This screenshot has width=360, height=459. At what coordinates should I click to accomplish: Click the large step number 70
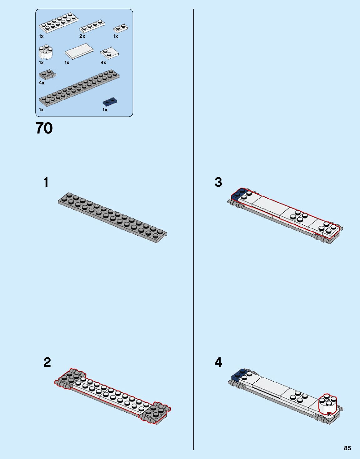click(x=44, y=128)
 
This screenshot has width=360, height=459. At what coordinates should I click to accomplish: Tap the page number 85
click(x=347, y=448)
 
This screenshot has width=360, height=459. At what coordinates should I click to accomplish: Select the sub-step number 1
click(x=46, y=182)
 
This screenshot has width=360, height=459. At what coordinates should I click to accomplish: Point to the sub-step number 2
click(x=47, y=362)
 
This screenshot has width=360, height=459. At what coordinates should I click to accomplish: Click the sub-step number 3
click(x=218, y=182)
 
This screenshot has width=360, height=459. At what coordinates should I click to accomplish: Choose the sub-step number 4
click(x=218, y=362)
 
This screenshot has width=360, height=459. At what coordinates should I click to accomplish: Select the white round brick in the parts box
click(x=45, y=53)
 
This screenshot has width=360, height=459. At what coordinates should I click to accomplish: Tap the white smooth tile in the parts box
click(x=79, y=51)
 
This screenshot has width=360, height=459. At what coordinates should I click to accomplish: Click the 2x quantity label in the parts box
click(x=82, y=36)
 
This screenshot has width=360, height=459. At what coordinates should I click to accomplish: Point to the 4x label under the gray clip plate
click(x=42, y=83)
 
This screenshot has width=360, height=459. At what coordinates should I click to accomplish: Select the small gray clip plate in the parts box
click(x=47, y=74)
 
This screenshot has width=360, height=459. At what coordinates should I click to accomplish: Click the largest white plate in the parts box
click(x=58, y=23)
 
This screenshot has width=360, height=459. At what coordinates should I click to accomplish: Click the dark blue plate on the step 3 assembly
click(x=238, y=194)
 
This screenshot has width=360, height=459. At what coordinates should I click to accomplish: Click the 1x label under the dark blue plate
click(x=105, y=110)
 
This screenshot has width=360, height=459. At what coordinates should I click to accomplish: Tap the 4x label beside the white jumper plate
click(x=103, y=63)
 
